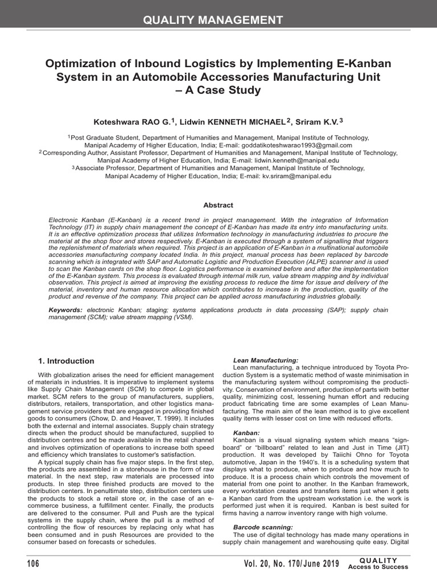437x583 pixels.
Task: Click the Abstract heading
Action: pyautogui.click(x=218, y=206)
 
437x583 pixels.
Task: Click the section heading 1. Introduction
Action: pyautogui.click(x=66, y=361)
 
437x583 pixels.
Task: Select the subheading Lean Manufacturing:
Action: pyautogui.click(x=266, y=360)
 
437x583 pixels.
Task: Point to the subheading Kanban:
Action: pyautogui.click(x=246, y=433)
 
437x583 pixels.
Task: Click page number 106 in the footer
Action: pyautogui.click(x=33, y=564)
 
